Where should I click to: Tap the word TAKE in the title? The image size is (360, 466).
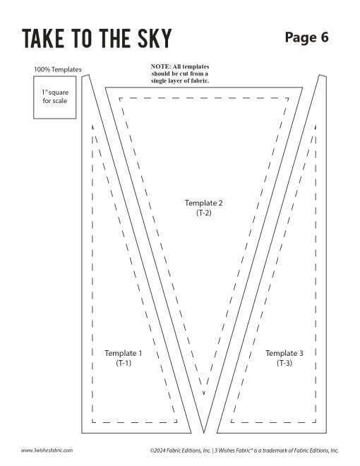coord(43,38)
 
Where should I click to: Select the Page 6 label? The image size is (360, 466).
coord(306,37)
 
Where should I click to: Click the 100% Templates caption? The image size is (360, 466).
coord(58,69)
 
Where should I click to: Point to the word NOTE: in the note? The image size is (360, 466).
coord(160,66)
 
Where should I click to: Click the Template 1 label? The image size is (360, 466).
coord(124,353)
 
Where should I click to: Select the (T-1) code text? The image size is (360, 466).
coord(124,363)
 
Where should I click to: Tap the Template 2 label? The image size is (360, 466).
coord(203,203)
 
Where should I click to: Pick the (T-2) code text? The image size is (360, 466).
coord(204,213)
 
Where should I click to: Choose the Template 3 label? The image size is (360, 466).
coord(284,353)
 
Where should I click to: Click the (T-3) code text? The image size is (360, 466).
coord(284,363)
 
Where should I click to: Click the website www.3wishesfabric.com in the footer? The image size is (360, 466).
coord(47,450)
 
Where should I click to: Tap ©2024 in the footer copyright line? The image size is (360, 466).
coord(157,450)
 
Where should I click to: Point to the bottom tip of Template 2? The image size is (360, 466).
coord(204,433)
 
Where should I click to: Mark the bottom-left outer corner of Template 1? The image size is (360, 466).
coord(82,433)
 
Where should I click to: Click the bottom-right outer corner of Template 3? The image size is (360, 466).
coord(326,433)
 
